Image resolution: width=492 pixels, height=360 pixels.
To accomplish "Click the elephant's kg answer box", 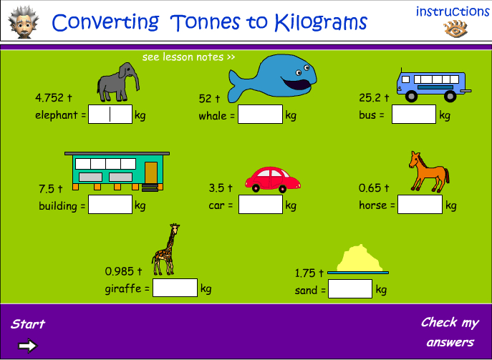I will click(x=110, y=115).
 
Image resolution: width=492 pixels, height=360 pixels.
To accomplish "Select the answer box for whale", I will click(x=260, y=115).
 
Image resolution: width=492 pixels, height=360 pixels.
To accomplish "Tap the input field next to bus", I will click(x=414, y=115).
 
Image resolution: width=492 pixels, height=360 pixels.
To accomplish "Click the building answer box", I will click(x=110, y=205).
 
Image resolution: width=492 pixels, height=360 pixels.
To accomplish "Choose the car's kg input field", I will click(x=261, y=205).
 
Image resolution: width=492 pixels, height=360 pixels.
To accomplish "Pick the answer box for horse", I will click(x=420, y=205).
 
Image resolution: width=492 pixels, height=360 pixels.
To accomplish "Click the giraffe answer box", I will click(x=175, y=288).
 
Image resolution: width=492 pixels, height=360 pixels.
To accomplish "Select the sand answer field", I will click(x=350, y=289).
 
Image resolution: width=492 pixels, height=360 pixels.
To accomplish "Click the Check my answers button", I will click(x=450, y=332).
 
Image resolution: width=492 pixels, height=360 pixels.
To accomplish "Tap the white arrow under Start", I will click(x=28, y=346).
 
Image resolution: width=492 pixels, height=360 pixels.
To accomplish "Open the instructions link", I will click(x=453, y=11).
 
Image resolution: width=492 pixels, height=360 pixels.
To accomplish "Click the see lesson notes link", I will click(x=188, y=57).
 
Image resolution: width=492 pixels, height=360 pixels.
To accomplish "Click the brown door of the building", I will click(x=150, y=172).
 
